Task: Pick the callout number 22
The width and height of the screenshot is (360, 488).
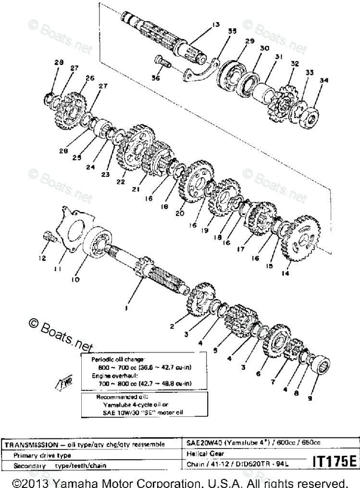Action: coord(120,182)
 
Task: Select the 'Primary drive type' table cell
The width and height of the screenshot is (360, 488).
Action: coord(42,454)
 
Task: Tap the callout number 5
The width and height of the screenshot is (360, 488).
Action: coord(215,350)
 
